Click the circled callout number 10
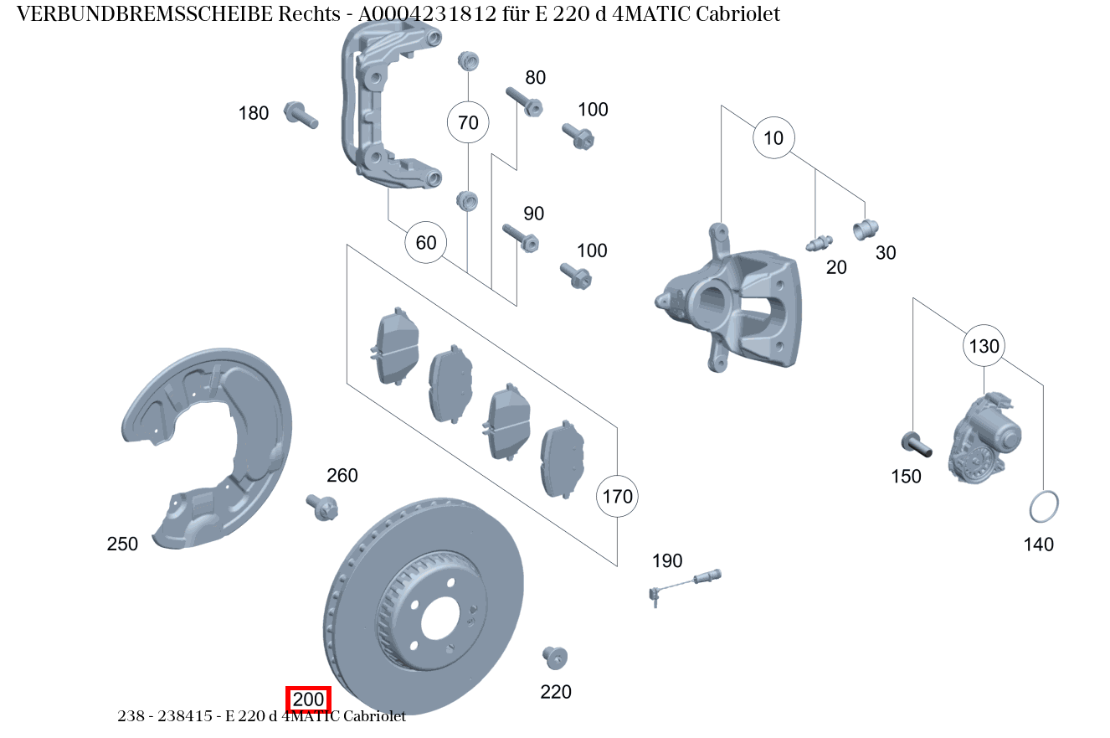[773, 137]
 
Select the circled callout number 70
[468, 122]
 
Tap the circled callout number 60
[426, 242]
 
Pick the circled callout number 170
[617, 497]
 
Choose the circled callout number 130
[984, 345]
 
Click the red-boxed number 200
[309, 699]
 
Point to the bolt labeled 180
[301, 114]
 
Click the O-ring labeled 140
[1043, 507]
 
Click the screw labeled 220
[554, 658]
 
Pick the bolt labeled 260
[321, 506]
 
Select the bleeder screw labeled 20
[818, 243]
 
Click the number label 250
[122, 544]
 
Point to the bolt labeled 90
[520, 237]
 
